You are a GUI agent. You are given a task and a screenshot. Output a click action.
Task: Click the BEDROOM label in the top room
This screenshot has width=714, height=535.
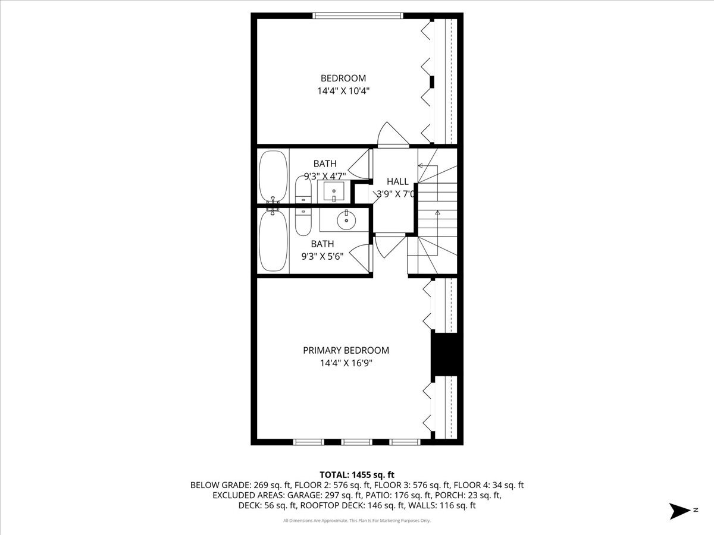click(343, 78)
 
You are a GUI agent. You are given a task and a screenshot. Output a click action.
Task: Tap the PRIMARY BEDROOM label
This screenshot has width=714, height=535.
click(346, 350)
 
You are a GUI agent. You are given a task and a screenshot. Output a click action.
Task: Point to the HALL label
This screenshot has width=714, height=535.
click(397, 181)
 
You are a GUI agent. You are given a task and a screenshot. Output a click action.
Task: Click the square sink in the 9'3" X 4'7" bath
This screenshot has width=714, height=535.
click(333, 191)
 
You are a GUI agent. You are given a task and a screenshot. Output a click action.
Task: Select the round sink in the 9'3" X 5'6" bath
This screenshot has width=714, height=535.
click(345, 220)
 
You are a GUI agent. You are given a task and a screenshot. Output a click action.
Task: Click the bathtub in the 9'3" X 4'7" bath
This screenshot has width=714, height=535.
click(273, 176)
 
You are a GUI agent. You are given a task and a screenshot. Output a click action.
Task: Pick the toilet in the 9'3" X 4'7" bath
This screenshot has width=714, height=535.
click(303, 190)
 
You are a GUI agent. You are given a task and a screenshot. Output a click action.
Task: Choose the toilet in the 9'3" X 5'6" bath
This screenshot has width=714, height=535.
click(303, 220)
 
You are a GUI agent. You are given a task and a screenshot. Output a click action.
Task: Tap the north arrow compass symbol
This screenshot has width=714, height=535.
click(679, 511)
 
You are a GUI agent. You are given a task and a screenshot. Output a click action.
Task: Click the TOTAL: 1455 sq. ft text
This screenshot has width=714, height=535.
click(357, 474)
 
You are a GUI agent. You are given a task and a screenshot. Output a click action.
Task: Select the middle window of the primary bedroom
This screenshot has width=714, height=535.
click(357, 442)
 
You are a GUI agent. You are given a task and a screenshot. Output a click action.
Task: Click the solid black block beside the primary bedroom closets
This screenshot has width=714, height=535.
click(446, 354)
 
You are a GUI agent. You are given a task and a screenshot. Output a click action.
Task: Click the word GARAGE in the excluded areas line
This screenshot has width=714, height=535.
click(306, 495)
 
